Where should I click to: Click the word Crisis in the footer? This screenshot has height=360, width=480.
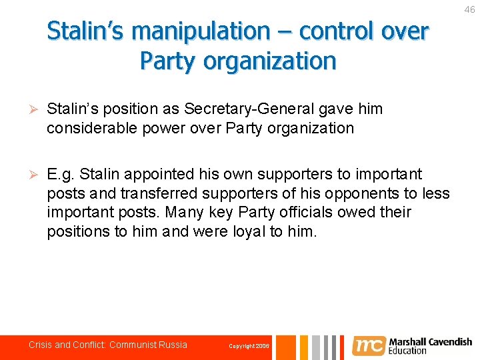tap(40, 345)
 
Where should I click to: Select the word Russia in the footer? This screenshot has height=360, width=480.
tap(173, 345)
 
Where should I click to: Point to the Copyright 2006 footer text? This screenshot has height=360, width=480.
tap(249, 346)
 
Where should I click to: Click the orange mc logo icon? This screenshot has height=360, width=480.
tap(369, 345)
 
